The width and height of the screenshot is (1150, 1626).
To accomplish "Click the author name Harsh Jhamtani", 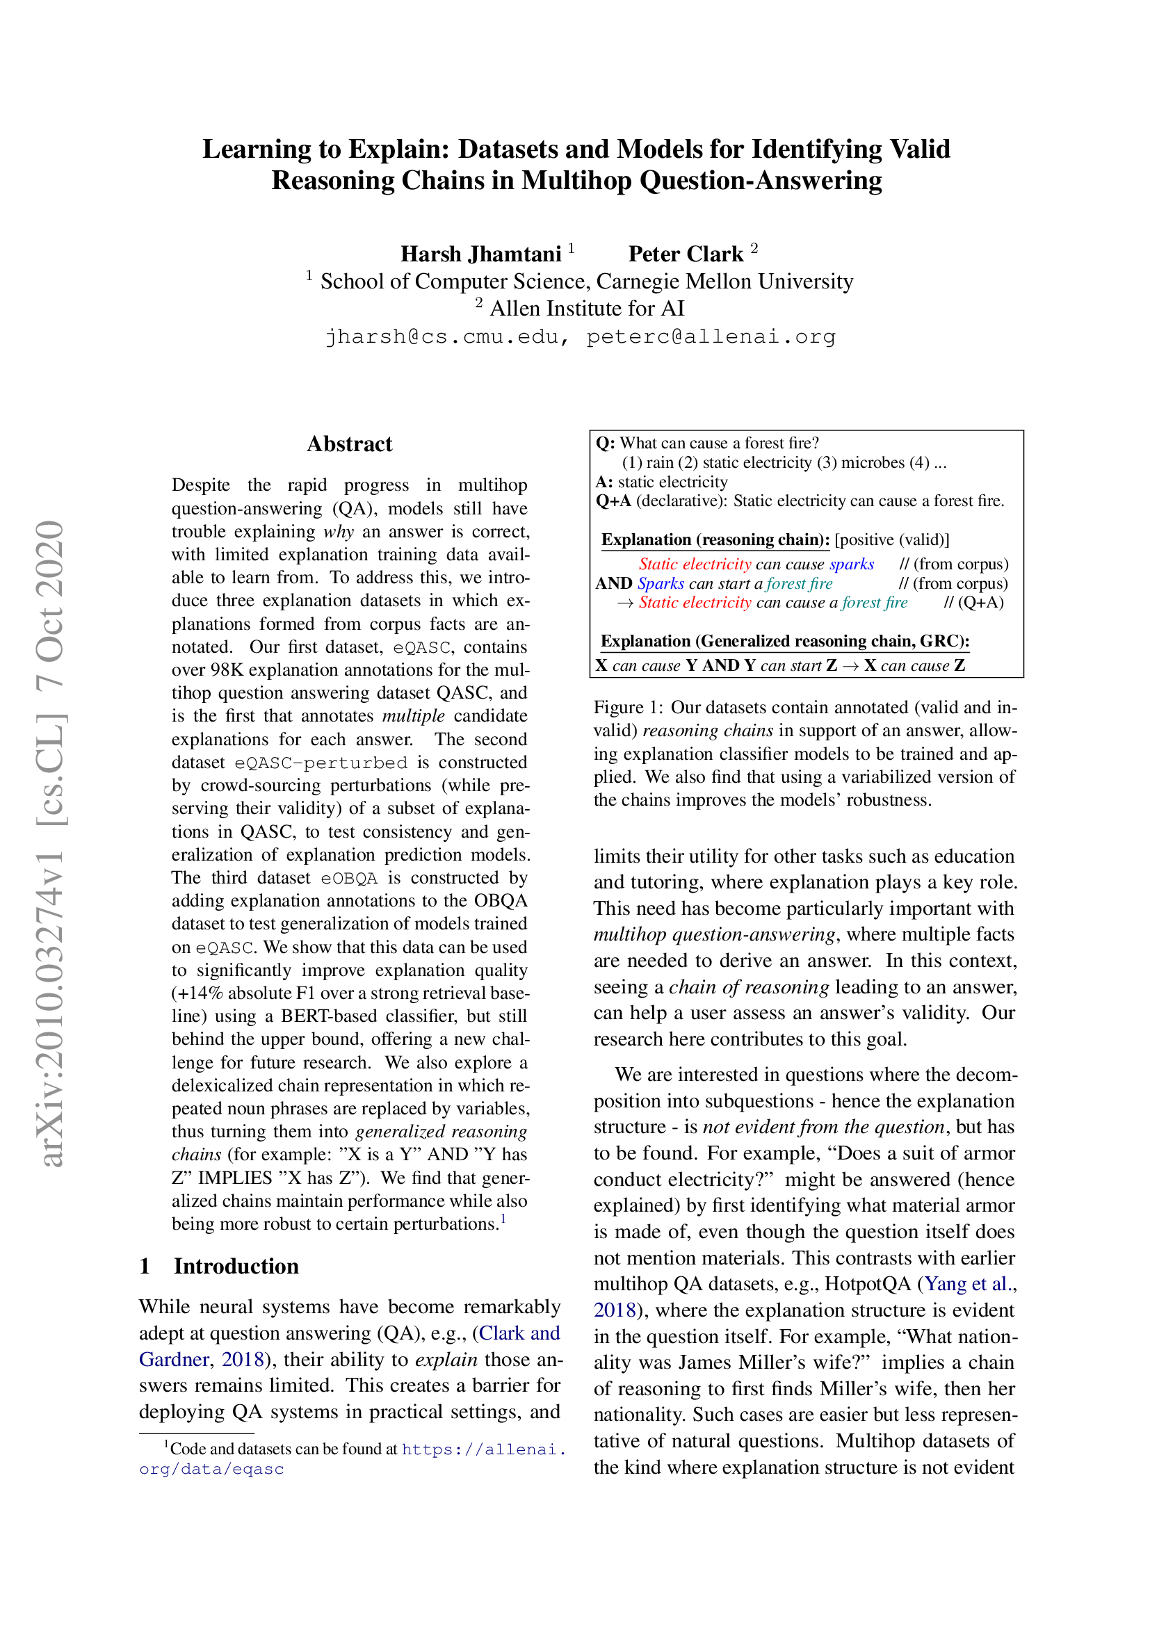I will tap(480, 254).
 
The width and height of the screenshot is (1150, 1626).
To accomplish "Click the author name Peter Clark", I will tap(686, 254).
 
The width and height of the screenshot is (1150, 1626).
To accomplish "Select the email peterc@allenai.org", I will tap(711, 336).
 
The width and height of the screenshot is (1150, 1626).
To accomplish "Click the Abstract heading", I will tap(349, 444).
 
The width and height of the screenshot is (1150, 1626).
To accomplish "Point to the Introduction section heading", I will tap(236, 1265).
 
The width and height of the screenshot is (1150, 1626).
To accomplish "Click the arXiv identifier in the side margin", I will tap(51, 843).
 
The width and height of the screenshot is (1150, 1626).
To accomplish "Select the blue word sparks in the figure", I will tap(851, 564).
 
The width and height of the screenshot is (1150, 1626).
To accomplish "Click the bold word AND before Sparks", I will tap(613, 583).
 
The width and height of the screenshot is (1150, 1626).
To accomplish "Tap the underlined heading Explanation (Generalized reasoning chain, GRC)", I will tap(784, 641).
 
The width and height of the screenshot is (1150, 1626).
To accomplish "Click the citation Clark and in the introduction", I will tap(519, 1333).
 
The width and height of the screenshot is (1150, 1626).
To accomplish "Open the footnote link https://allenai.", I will tap(483, 1449).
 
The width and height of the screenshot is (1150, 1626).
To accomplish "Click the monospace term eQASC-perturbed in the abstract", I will tap(321, 763).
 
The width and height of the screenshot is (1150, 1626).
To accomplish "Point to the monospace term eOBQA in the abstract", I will tap(348, 878).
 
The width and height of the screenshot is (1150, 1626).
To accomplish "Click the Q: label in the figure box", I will tap(606, 444).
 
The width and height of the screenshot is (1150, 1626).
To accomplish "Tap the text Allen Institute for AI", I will tap(586, 309).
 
